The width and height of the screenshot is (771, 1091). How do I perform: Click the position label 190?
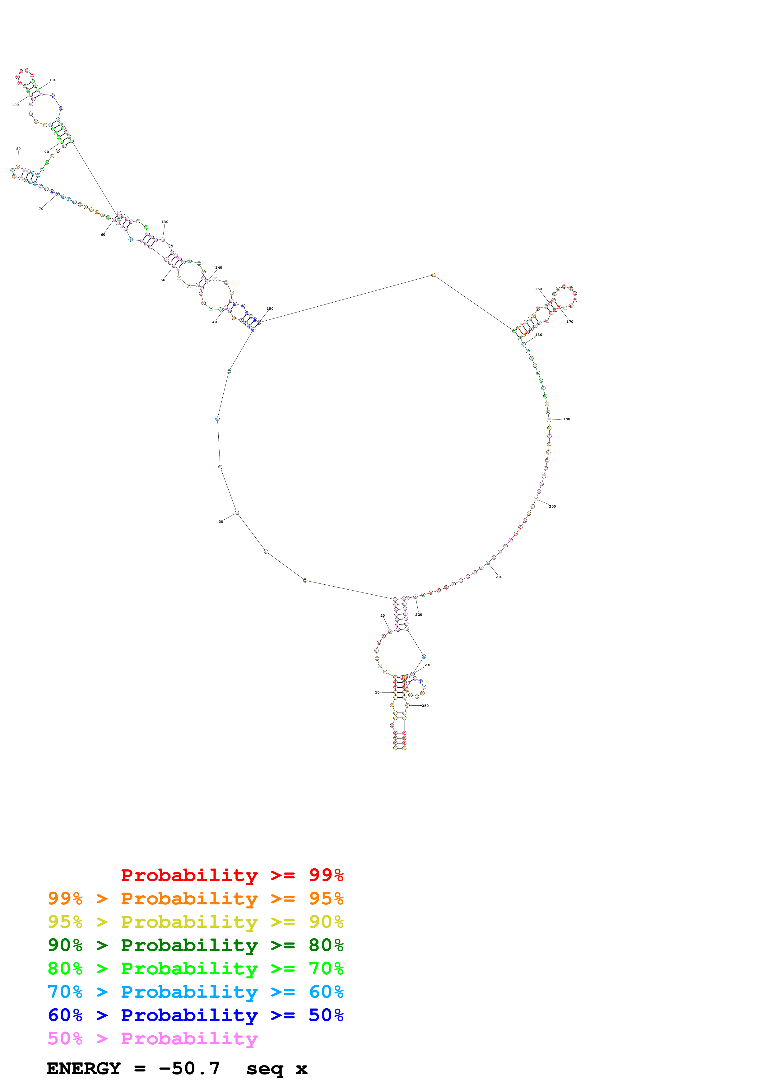(566, 419)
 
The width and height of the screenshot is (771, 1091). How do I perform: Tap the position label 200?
(552, 507)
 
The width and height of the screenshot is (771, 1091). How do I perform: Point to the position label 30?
(221, 522)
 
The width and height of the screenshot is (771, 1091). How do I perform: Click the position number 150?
(270, 309)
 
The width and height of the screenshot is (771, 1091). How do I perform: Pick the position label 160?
(538, 289)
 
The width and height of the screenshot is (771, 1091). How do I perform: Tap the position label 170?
(569, 322)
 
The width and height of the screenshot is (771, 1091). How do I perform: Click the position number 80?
(19, 149)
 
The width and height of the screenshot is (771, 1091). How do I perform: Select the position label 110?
(53, 80)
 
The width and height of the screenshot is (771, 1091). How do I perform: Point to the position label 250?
(425, 706)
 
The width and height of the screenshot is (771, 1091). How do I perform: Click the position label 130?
(165, 222)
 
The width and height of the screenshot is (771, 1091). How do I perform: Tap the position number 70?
(41, 209)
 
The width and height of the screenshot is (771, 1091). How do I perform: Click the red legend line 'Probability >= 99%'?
(232, 875)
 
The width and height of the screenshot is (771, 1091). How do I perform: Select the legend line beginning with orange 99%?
(195, 898)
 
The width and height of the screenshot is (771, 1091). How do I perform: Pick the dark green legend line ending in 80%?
(195, 945)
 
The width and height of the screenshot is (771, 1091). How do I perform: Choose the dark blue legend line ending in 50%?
(195, 1015)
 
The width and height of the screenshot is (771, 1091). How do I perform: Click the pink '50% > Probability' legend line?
(152, 1039)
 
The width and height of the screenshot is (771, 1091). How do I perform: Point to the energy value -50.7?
(189, 1069)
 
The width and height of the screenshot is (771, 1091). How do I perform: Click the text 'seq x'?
(276, 1069)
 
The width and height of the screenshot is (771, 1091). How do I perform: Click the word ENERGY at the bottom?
(84, 1069)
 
